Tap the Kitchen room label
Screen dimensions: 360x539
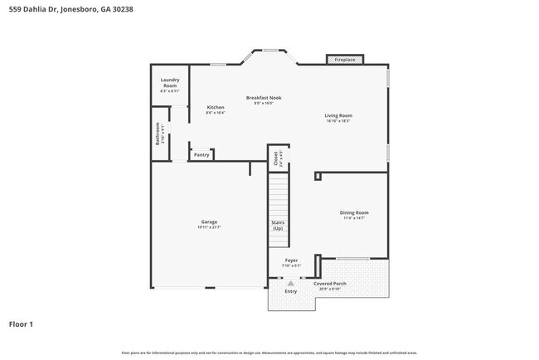[x=216, y=107]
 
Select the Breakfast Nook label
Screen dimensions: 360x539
[x=264, y=97]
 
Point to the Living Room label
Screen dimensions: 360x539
[x=338, y=115]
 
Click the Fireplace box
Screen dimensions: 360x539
[x=345, y=60]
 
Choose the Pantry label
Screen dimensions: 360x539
[x=202, y=154]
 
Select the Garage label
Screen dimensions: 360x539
[x=209, y=221]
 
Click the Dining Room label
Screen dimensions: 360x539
[x=354, y=212]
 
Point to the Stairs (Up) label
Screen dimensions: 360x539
[x=278, y=225]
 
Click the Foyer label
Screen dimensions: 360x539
[x=291, y=260]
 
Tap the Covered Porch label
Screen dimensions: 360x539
[x=329, y=284]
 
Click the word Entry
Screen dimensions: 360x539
[x=290, y=291]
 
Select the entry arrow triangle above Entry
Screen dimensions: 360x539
[x=290, y=283]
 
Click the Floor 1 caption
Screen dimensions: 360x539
[x=21, y=324]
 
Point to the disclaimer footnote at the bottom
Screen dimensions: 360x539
[x=269, y=353]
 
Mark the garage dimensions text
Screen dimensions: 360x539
[x=209, y=226]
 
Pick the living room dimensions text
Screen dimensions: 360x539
[x=338, y=121]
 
